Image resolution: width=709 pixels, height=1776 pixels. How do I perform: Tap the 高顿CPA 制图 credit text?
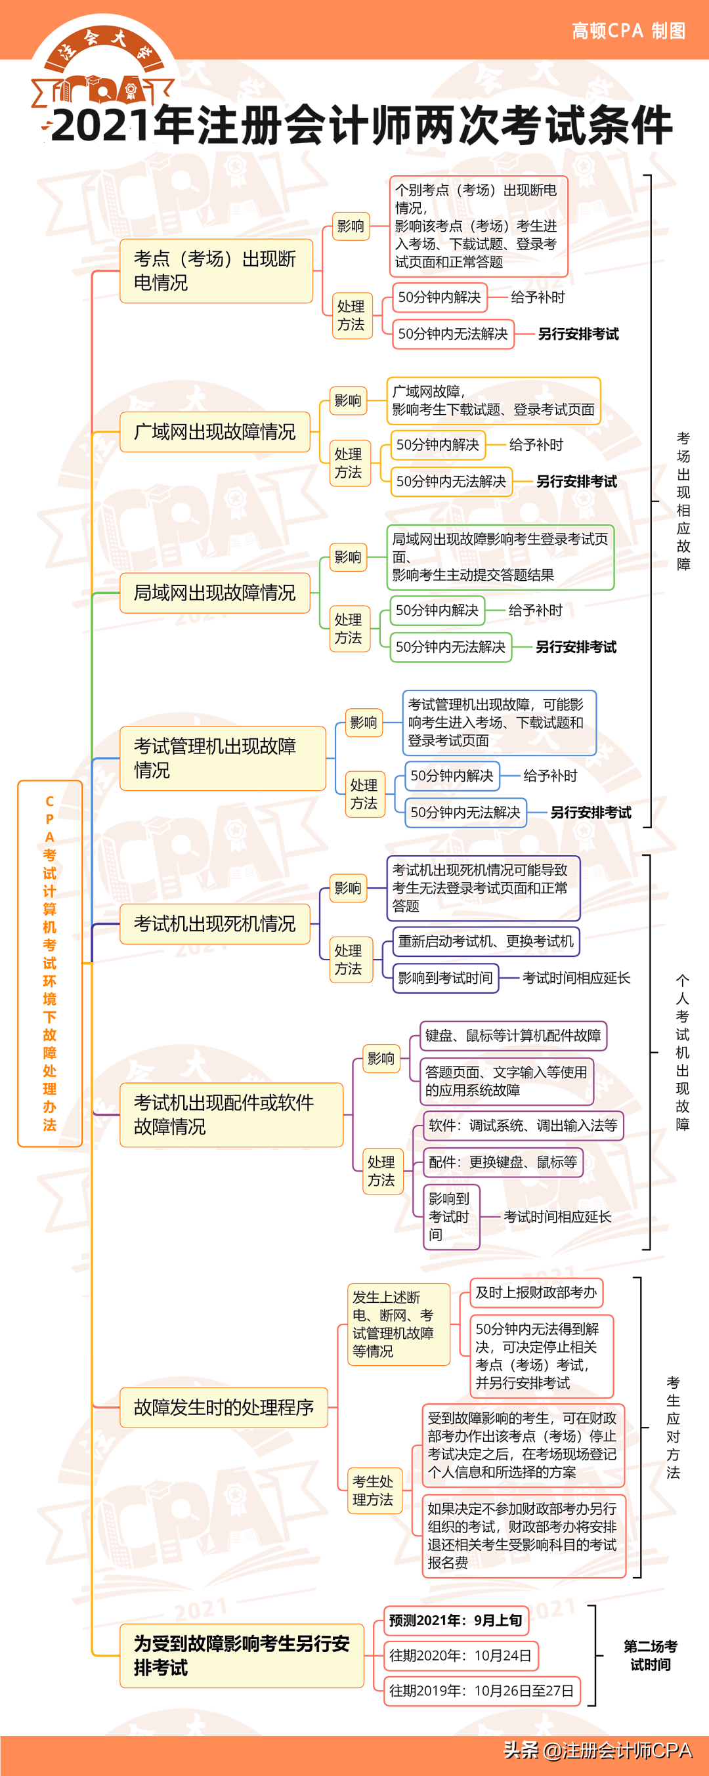pos(628,31)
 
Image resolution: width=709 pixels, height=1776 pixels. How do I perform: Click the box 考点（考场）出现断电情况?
pos(216,271)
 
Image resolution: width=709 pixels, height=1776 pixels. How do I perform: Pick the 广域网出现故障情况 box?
pos(215,432)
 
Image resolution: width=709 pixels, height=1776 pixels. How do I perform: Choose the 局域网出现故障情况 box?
pos(215,593)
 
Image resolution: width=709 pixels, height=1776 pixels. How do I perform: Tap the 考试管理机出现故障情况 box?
pos(222,757)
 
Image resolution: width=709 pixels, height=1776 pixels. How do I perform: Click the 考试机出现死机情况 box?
pos(215,924)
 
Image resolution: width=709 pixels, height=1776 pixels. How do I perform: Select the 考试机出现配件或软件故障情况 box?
pos(231,1114)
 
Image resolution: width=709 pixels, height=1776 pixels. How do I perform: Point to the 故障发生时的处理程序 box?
pos(223,1407)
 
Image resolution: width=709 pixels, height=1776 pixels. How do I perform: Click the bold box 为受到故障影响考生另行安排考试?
pos(242,1655)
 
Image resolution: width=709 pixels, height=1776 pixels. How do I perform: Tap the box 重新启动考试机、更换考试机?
pos(486,941)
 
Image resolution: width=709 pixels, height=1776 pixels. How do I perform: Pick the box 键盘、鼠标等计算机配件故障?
pos(513,1036)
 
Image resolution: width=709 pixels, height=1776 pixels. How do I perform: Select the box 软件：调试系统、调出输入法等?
pos(523,1125)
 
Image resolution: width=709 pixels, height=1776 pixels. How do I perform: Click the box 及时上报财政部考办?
pos(536,1293)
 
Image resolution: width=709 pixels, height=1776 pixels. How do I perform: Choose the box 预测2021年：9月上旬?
pos(456,1620)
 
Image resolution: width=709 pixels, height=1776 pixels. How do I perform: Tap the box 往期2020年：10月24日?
pos(460,1655)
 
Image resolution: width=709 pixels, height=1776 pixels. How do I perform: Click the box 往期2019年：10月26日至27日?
pos(481,1691)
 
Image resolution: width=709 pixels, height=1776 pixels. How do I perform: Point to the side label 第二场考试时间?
pos(650,1655)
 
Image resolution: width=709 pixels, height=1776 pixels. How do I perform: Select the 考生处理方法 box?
pos(373,1491)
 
